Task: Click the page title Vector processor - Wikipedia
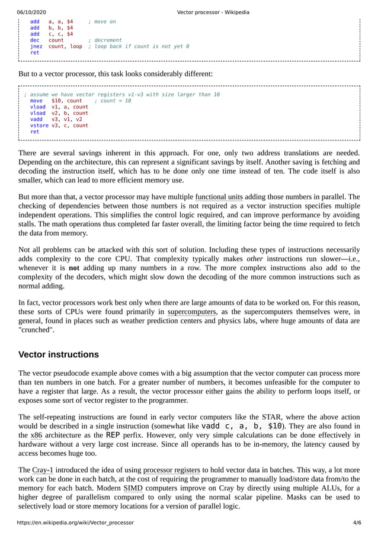[x=213, y=12]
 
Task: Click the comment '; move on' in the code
[x=101, y=22]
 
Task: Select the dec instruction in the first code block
[x=34, y=40]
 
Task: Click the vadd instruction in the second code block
[x=36, y=119]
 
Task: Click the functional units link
[x=219, y=197]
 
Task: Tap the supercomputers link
[x=192, y=312]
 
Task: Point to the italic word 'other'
[x=255, y=259]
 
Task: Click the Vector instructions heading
[x=59, y=355]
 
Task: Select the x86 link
[x=36, y=434]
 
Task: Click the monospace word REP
[x=113, y=434]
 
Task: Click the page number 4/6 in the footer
[x=357, y=523]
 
